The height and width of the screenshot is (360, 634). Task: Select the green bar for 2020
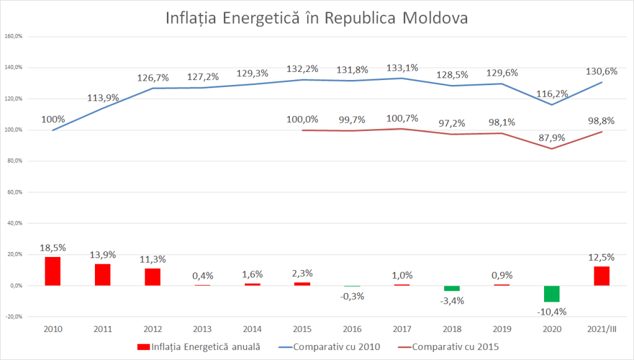coord(552,294)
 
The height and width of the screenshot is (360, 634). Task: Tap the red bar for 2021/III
coord(602,276)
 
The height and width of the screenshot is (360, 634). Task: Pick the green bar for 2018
coord(452,288)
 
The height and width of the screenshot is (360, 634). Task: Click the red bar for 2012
coord(153,277)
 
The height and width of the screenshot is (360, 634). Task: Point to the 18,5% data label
coord(53,248)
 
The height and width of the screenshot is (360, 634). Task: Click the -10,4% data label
coord(551,312)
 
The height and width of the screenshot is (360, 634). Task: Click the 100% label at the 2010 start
coord(54,119)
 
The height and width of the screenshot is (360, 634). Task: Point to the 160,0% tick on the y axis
coord(14,36)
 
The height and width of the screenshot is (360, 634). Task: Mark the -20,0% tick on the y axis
coord(14,317)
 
